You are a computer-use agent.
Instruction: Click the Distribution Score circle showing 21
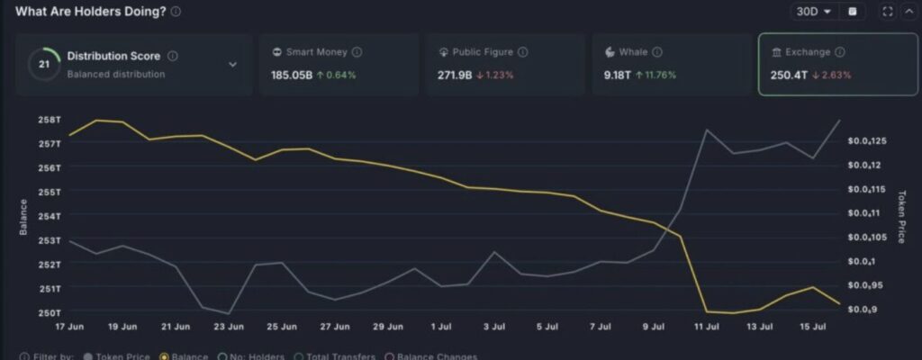[44, 64]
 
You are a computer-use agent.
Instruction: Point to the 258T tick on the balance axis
[50, 119]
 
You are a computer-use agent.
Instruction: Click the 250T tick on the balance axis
[50, 312]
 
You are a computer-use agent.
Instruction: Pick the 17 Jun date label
[69, 326]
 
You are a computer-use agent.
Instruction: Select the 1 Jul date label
[441, 326]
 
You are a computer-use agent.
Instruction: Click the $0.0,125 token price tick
[869, 141]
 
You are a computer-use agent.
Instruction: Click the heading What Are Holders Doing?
[90, 11]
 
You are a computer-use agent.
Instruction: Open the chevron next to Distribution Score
[232, 65]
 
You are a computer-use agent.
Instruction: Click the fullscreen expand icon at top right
[887, 12]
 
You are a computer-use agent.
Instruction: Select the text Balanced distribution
[116, 74]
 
